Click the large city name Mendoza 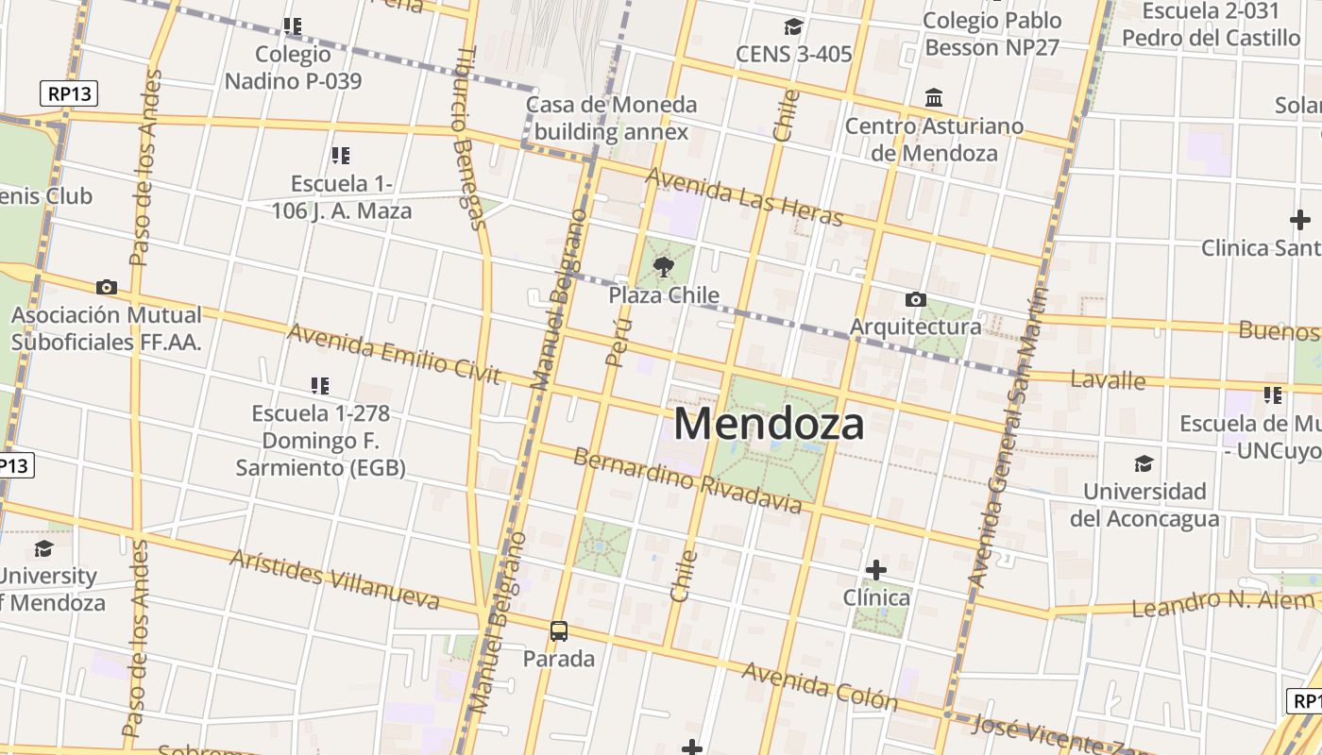[769, 425]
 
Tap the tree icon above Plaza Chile [664, 266]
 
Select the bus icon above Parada [559, 630]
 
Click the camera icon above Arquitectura [915, 299]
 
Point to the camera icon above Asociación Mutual [107, 287]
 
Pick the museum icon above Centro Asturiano [934, 98]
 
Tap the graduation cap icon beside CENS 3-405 [793, 26]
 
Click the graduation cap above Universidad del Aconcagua [1144, 463]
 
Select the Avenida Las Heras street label [744, 197]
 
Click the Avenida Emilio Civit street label [393, 354]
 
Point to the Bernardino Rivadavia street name [687, 481]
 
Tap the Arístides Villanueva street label [334, 579]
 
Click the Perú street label [618, 340]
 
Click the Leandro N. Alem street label [1223, 602]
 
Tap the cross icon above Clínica [876, 569]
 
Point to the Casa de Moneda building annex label [611, 118]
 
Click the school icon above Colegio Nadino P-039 [293, 26]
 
